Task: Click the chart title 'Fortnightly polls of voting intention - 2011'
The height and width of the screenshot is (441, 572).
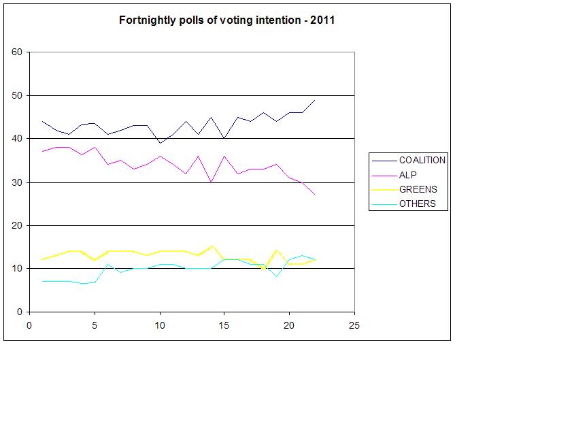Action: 226,20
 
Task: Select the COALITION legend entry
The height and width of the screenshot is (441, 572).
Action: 422,160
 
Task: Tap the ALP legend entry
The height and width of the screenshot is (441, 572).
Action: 409,175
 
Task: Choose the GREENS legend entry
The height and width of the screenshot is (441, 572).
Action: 418,189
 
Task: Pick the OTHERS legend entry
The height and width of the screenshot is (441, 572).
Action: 417,203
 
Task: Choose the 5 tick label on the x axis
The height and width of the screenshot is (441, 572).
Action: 94,325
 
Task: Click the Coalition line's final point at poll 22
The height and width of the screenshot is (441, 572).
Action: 315,100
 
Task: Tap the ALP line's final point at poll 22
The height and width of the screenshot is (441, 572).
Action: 315,195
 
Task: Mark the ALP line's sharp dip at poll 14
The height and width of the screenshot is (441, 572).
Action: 211,182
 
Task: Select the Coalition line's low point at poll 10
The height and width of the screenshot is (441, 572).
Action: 159,143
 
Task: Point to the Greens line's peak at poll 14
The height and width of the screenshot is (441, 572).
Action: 212,246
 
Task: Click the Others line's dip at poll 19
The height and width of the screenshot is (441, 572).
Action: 276,276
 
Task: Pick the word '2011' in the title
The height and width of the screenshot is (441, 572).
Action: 322,20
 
